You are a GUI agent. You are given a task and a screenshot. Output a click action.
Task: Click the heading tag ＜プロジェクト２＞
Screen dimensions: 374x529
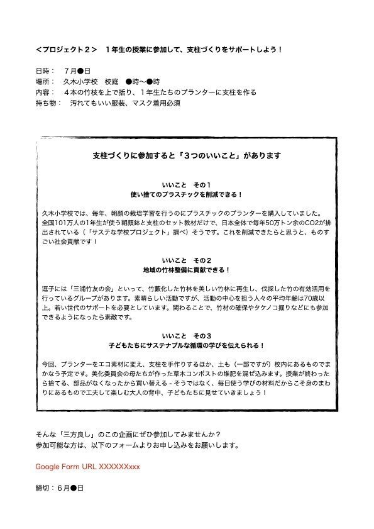[x=67, y=48]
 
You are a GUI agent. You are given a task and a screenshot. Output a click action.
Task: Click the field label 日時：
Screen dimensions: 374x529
[x=45, y=70]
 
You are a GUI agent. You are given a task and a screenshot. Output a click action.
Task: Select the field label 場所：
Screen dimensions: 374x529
[x=45, y=81]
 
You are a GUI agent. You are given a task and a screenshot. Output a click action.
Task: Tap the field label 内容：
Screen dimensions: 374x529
[x=45, y=92]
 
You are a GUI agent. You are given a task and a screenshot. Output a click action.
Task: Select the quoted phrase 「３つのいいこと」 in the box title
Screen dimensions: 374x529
[x=207, y=155]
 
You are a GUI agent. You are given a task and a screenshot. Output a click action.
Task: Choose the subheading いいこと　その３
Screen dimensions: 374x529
[x=187, y=334]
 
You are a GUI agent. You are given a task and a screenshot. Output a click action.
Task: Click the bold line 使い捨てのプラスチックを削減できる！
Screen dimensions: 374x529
[x=187, y=195]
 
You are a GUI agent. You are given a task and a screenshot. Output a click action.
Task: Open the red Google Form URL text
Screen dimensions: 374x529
[x=87, y=466]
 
